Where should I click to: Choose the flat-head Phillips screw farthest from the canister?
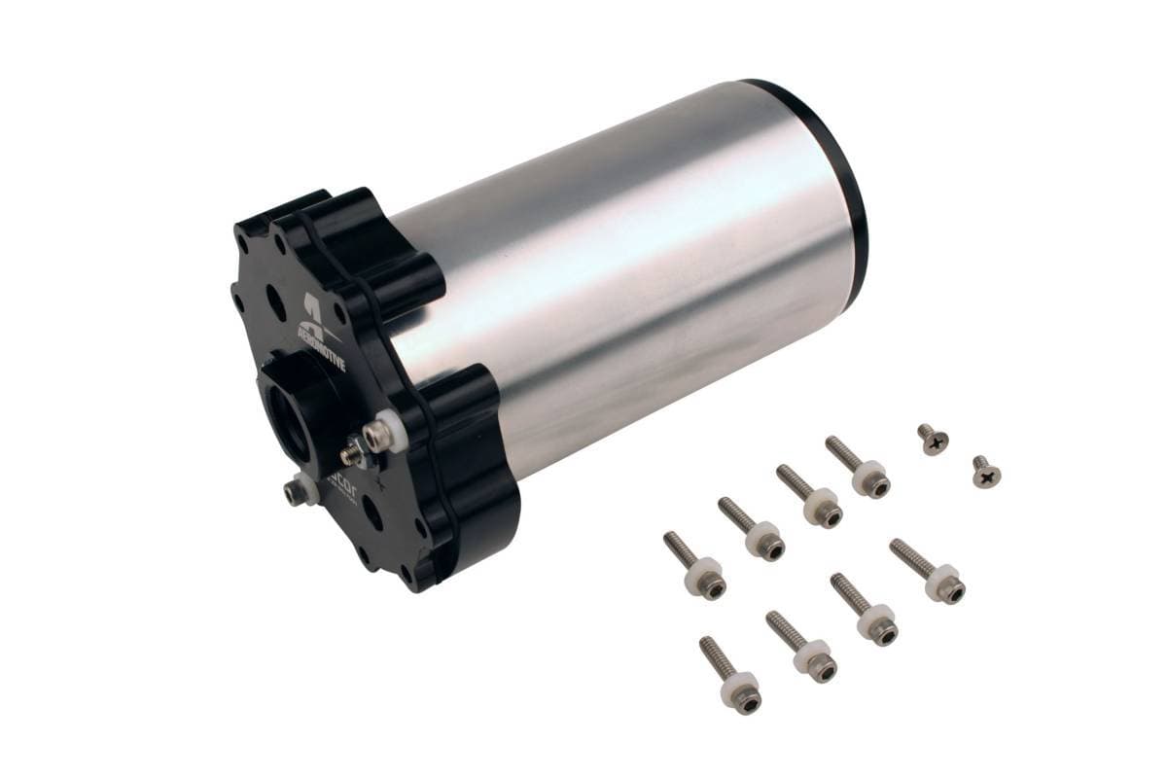pos(986,474)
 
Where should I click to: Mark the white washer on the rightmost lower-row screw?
pos(942,581)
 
